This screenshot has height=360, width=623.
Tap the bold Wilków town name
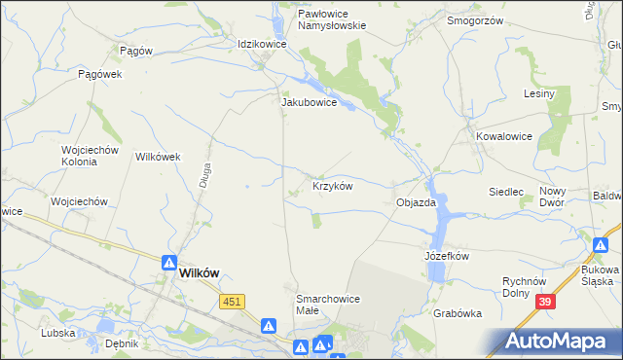coord(204,274)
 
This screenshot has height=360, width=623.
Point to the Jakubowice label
coord(309,101)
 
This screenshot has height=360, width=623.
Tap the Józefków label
coord(447,256)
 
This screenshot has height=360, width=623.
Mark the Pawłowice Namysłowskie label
coord(318,20)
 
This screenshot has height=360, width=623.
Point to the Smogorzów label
coord(473,19)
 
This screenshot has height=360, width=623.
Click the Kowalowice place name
coord(504,137)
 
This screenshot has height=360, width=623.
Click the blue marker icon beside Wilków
coord(168,262)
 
